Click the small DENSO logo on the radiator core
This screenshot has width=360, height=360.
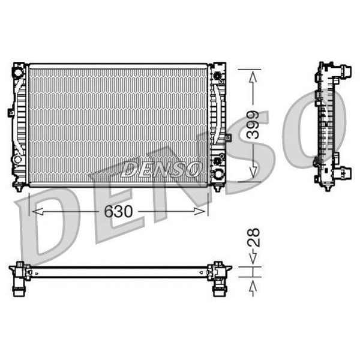pos(161,169)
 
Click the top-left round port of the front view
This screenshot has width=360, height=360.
pos(19,73)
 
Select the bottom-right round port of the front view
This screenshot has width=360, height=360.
pos(217,175)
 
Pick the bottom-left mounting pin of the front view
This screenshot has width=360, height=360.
pos(20,188)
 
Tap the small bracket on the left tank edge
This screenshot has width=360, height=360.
pos(11,112)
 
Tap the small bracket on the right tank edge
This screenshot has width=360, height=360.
pos(228,137)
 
